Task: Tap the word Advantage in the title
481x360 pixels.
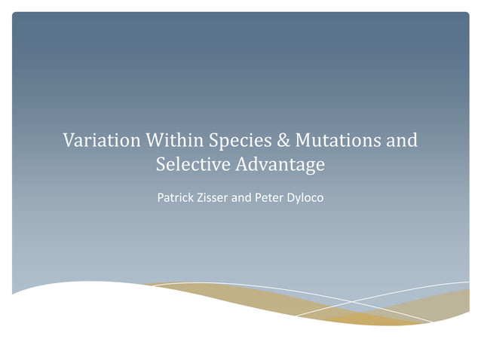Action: pyautogui.click(x=280, y=164)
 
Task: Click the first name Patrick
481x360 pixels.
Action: pyautogui.click(x=176, y=200)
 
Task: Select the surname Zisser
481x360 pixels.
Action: pyautogui.click(x=219, y=200)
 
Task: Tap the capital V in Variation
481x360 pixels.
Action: pyautogui.click(x=69, y=141)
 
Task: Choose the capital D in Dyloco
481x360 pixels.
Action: pyautogui.click(x=301, y=200)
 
